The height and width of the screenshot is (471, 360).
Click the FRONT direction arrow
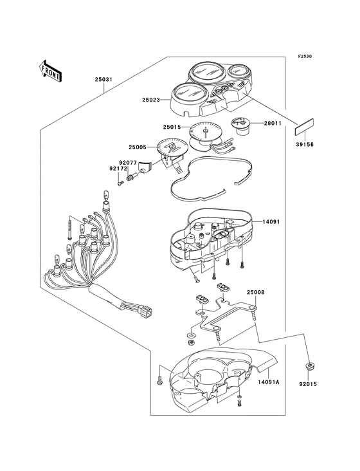[x=50, y=71]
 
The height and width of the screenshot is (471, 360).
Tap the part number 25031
[x=104, y=80]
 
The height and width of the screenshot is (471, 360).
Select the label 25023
[x=151, y=100]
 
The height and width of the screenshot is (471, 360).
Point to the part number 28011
[x=273, y=123]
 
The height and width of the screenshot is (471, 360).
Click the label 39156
[x=305, y=145]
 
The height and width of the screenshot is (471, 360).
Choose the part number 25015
[x=172, y=127]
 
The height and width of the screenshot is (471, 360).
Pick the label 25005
[x=138, y=147]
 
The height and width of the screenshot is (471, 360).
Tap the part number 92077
[x=127, y=163]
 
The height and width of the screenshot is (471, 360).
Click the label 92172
[x=118, y=169]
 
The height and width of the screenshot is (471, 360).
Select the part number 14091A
[x=269, y=382]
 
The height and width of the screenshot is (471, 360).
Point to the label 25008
[x=256, y=292]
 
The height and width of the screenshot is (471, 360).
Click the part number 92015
[x=308, y=384]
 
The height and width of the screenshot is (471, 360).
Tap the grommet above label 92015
[x=308, y=367]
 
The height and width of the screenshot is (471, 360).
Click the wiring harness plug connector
[x=146, y=311]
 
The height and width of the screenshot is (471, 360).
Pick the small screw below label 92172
[x=120, y=183]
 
